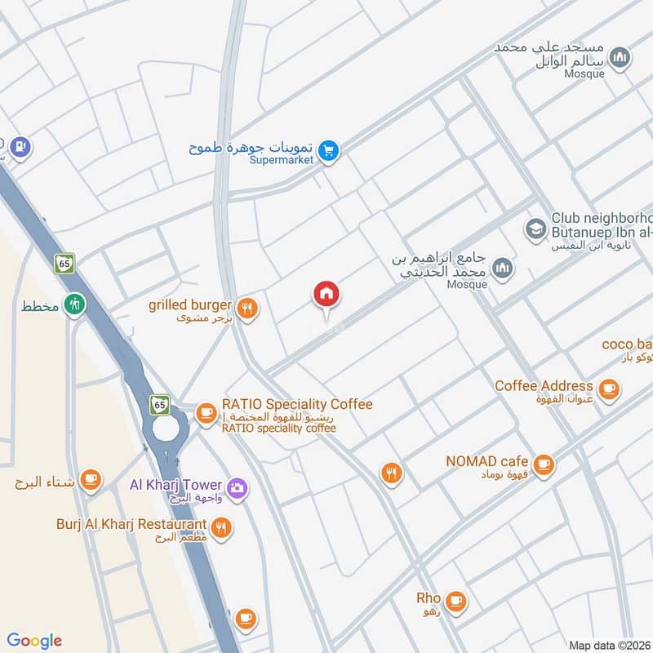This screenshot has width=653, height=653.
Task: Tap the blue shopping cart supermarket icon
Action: point(329,151)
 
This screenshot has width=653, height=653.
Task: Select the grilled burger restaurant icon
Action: point(249,308)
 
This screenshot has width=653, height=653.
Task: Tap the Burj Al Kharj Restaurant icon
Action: point(220,528)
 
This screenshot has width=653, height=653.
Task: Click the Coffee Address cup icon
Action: point(608,390)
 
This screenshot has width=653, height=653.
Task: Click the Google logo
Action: point(34,641)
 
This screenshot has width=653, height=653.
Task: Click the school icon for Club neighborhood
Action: point(535,228)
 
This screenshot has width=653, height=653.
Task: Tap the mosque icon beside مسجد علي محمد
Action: point(621,57)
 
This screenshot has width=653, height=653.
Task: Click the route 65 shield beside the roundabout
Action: point(158,404)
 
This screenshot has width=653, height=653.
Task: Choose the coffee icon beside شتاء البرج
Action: point(91,481)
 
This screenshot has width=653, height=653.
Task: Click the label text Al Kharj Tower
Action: point(176,484)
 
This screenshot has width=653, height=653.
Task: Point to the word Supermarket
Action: point(282,159)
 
